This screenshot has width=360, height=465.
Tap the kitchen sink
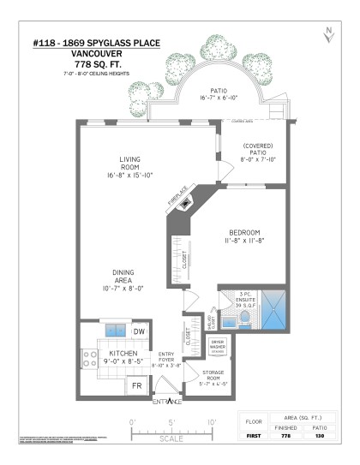[115, 331]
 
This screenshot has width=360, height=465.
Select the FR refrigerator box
[135, 385]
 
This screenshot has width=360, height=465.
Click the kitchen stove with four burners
[89, 358]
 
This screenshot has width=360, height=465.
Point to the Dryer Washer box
[216, 344]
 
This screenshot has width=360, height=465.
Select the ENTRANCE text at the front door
[166, 402]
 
